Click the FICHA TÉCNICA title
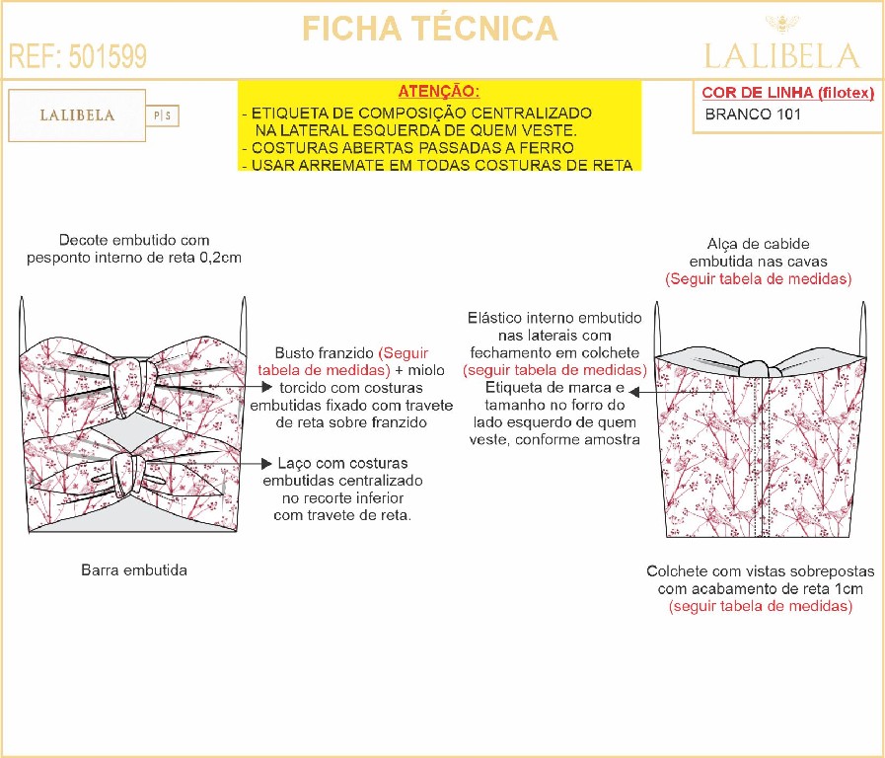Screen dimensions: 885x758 coord(430,29)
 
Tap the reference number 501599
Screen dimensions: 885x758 coord(108,56)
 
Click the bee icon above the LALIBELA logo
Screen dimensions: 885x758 coord(782,25)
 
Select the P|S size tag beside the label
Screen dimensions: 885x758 coord(163,115)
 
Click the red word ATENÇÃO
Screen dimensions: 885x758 coord(439,91)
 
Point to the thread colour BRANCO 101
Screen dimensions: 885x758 coord(753,114)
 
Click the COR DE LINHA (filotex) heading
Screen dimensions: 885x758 coord(788,93)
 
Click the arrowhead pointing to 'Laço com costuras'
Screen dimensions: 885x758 coord(267,463)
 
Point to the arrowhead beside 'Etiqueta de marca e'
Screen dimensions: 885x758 coord(633,391)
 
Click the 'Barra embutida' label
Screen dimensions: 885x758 coord(134,570)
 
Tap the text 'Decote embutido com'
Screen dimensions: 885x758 coord(134,240)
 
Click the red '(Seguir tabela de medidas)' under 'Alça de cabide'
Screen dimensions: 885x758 coord(758,278)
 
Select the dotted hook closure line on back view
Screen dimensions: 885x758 coord(763,456)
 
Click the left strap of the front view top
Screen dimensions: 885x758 coord(23,326)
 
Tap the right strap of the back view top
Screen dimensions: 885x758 coord(863,330)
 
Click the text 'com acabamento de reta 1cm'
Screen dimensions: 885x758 coord(761,588)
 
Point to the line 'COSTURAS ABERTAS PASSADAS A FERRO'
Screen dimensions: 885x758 coord(408,148)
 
